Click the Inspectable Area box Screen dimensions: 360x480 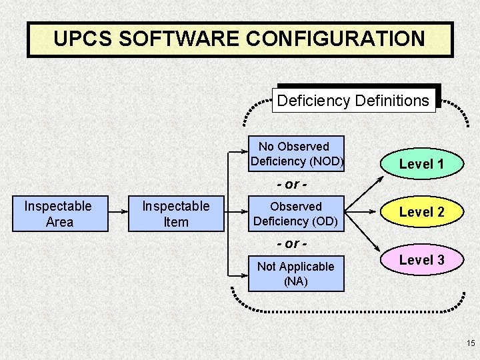click(x=59, y=213)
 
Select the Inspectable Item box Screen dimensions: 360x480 click(x=176, y=213)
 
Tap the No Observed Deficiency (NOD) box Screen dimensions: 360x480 click(x=296, y=153)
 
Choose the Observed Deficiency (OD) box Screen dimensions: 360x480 click(x=296, y=213)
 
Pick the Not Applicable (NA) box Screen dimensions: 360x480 click(x=296, y=273)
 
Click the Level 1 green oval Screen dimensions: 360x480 click(x=421, y=164)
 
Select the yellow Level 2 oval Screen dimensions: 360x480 click(x=421, y=212)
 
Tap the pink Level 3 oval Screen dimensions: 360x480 click(x=421, y=260)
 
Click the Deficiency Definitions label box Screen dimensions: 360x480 click(x=353, y=101)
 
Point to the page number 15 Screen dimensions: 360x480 click(x=471, y=343)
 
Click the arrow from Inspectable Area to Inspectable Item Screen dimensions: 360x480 click(x=118, y=213)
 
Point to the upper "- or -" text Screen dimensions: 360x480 click(x=291, y=184)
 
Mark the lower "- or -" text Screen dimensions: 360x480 click(x=291, y=244)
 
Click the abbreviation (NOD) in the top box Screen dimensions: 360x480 click(x=326, y=161)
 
